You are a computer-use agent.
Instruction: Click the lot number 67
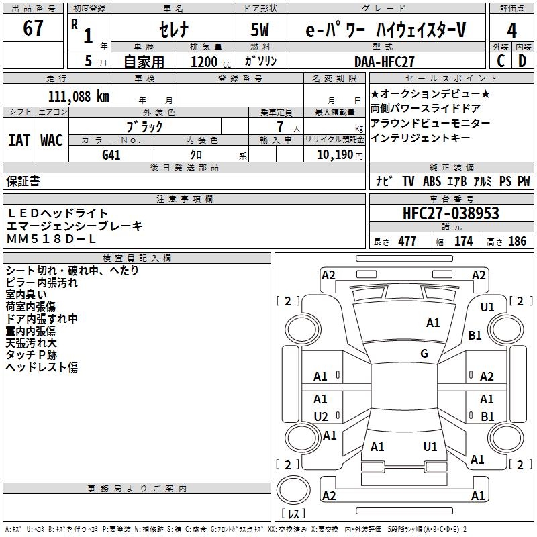(x=33, y=28)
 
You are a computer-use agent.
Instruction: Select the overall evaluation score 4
(x=511, y=30)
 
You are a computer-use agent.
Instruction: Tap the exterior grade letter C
(x=501, y=60)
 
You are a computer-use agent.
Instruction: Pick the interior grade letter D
(x=522, y=60)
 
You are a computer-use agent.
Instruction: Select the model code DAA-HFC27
(x=385, y=61)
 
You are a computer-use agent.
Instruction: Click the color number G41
(x=111, y=154)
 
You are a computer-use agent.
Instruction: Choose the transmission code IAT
(x=19, y=140)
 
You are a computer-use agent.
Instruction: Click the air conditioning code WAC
(x=52, y=140)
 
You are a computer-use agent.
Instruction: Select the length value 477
(x=407, y=242)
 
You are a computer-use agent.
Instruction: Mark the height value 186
(x=517, y=242)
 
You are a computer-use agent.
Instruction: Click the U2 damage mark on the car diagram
(x=321, y=416)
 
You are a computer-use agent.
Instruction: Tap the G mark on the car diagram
(x=424, y=354)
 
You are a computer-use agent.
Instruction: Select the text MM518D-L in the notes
(x=52, y=239)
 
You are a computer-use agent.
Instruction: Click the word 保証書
(x=23, y=181)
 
